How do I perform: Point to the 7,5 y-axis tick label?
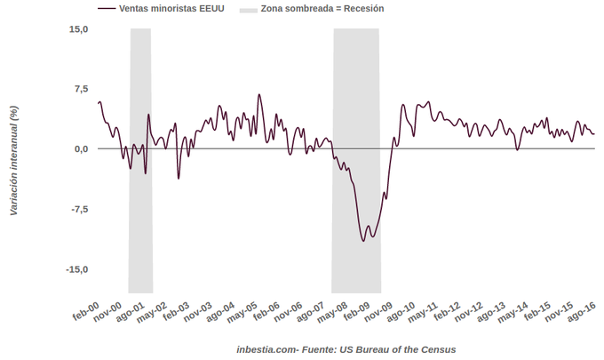tap(80, 89)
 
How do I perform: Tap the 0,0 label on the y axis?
tap(80, 148)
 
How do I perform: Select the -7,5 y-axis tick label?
tap(78, 209)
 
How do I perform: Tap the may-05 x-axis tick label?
tap(242, 316)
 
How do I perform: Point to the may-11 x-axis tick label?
tap(422, 316)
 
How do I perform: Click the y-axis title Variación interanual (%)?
tap(13, 161)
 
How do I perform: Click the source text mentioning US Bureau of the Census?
tap(346, 349)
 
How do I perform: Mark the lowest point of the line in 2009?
tap(364, 241)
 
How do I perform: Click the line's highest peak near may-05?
tap(259, 94)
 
